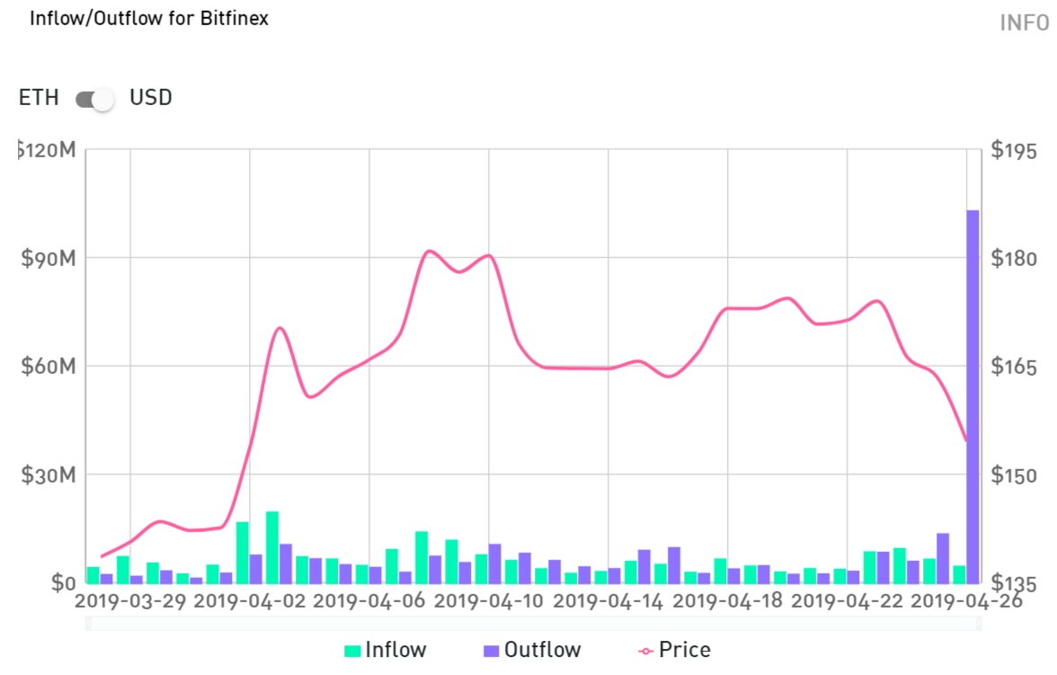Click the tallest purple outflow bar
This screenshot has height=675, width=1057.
click(x=973, y=395)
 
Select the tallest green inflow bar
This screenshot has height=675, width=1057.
click(x=271, y=546)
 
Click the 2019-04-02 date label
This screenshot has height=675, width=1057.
click(x=250, y=601)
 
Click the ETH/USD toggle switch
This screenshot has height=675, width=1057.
click(x=95, y=99)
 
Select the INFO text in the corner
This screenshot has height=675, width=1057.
click(x=1024, y=22)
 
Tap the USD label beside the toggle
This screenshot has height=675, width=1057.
click(x=151, y=98)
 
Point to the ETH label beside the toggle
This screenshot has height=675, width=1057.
click(x=39, y=98)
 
